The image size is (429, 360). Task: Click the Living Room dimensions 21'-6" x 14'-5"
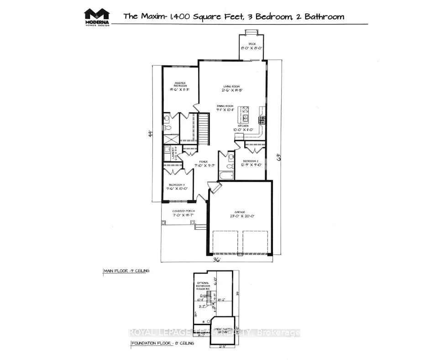(232, 90)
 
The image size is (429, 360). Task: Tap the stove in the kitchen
(262, 120)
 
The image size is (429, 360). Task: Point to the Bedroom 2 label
(251, 161)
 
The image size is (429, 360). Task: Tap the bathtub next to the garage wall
(226, 176)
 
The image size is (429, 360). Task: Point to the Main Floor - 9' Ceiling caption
(126, 271)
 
